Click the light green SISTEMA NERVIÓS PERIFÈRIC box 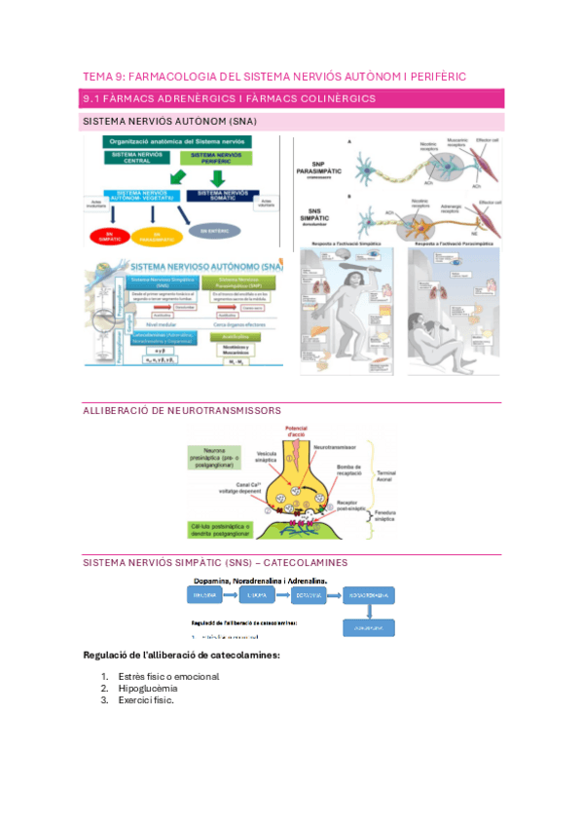point(216,158)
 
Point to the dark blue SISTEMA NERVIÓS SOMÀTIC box point(223,196)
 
